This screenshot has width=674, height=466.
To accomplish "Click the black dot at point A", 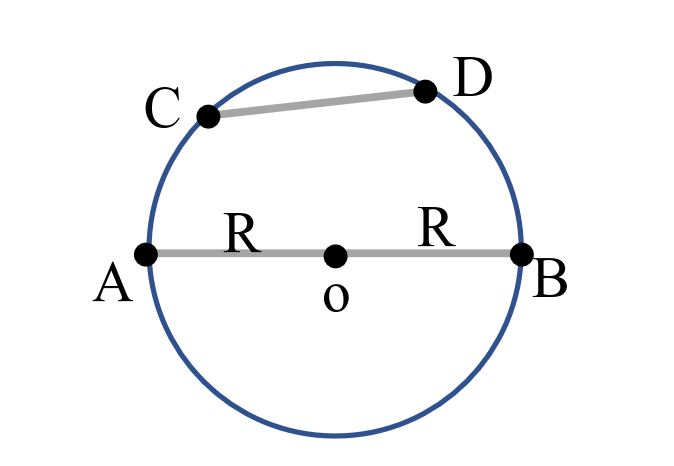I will pos(146,254).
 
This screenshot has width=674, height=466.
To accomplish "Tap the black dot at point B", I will pos(521,254).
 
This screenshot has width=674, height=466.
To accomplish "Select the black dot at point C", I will pos(208,117).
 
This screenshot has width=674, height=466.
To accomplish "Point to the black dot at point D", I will pos(425,92).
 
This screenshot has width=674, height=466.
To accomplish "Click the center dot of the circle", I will pos(335,256).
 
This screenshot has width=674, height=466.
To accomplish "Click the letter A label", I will pos(113,285).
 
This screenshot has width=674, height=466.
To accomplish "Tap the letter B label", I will pos(551,279).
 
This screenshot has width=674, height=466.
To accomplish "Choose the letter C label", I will pos(162,109).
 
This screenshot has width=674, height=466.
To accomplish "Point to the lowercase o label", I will pos(336,298).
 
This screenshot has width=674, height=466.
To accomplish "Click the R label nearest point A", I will pos(243,233).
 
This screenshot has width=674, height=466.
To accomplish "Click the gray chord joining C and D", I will pos(316,104).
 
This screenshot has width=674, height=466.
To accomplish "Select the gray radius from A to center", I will pos(240,254).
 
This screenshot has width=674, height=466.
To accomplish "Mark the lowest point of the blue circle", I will pos(335,435).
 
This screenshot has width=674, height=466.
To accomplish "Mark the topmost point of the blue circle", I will pos(335,64).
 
